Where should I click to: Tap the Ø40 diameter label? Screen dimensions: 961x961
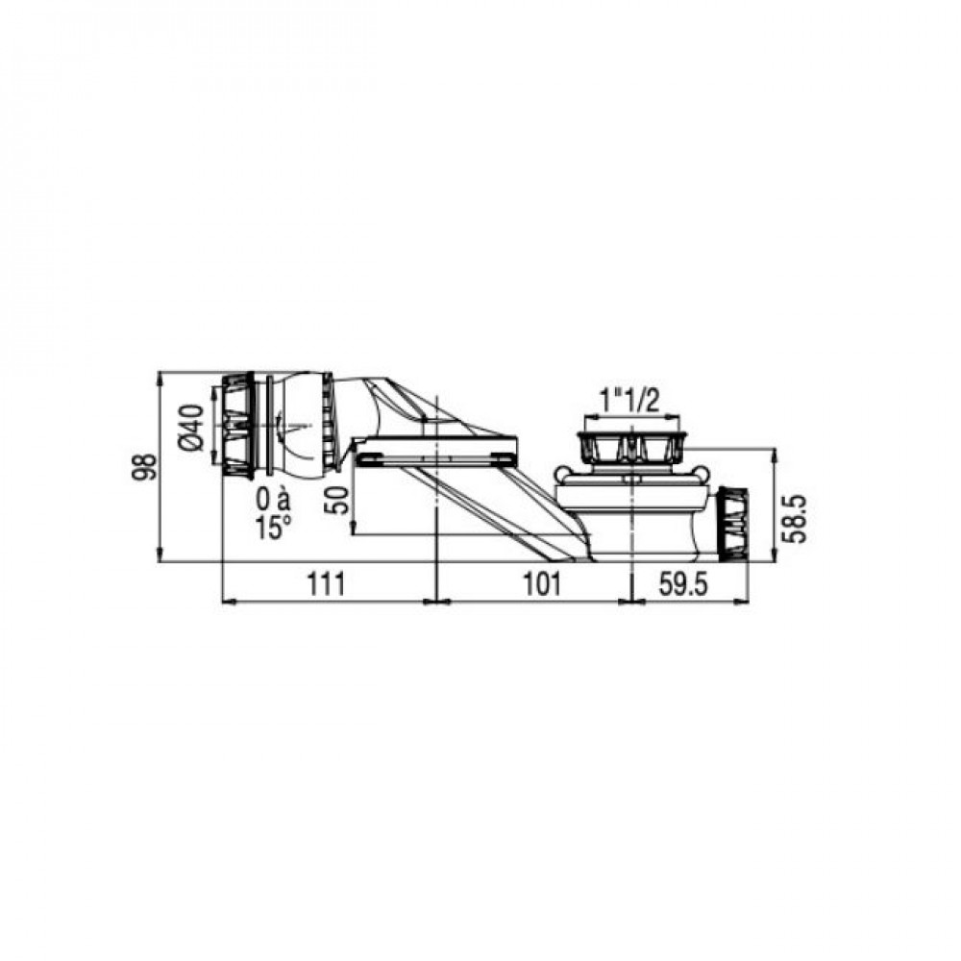[191, 429]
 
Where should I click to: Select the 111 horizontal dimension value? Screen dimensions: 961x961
[326, 584]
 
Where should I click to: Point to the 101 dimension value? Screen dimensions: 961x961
[542, 584]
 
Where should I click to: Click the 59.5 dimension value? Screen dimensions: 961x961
[683, 584]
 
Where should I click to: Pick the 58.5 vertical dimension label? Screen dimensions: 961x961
[796, 519]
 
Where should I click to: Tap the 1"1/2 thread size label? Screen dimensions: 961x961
[629, 403]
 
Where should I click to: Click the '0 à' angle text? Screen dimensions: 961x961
[273, 501]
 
